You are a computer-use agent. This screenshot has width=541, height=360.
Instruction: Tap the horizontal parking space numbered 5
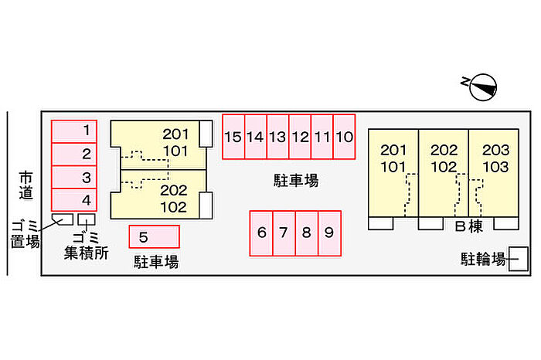point(155,236)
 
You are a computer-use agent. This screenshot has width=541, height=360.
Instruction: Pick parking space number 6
point(262,233)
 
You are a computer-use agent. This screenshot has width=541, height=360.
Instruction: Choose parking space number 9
point(329,233)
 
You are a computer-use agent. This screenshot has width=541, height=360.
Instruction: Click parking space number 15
point(233,137)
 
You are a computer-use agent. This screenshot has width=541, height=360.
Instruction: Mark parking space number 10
point(345,137)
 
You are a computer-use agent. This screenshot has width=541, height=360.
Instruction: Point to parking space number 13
point(277,137)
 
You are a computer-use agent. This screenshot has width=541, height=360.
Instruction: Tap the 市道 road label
point(26,186)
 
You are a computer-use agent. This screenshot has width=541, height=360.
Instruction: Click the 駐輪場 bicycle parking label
point(484,258)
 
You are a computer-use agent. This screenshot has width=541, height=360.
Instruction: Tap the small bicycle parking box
point(519,258)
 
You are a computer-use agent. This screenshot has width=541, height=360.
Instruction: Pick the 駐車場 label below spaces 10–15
point(296,181)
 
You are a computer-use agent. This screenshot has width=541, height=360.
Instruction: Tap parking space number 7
point(284,233)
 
